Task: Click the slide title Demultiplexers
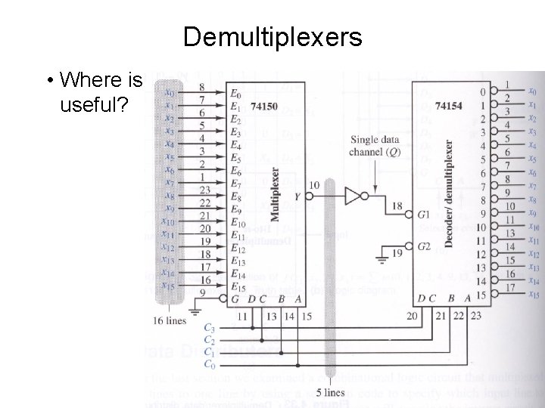point(272,36)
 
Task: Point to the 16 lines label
point(170,320)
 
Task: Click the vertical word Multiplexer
point(274,193)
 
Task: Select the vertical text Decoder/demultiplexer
point(449,192)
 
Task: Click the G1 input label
point(424,215)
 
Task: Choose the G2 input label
point(424,246)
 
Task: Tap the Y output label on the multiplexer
point(297,196)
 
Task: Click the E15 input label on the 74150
point(238,286)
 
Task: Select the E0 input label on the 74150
point(237,94)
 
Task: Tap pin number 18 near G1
point(397,206)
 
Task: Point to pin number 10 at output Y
point(314,185)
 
